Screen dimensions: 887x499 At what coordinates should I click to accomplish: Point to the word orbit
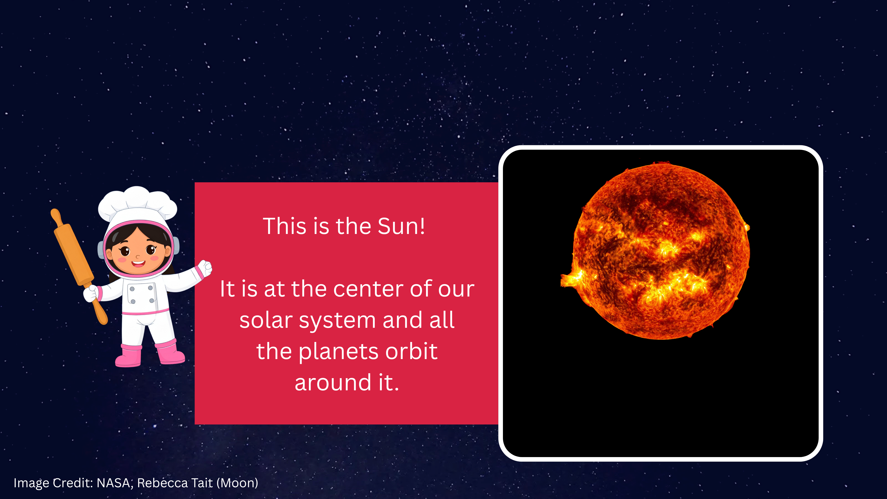click(412, 351)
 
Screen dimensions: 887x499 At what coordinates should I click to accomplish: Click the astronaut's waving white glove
click(204, 268)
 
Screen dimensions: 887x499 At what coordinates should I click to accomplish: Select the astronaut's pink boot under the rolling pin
click(129, 355)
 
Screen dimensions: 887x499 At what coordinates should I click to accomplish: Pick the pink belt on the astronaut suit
click(146, 312)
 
